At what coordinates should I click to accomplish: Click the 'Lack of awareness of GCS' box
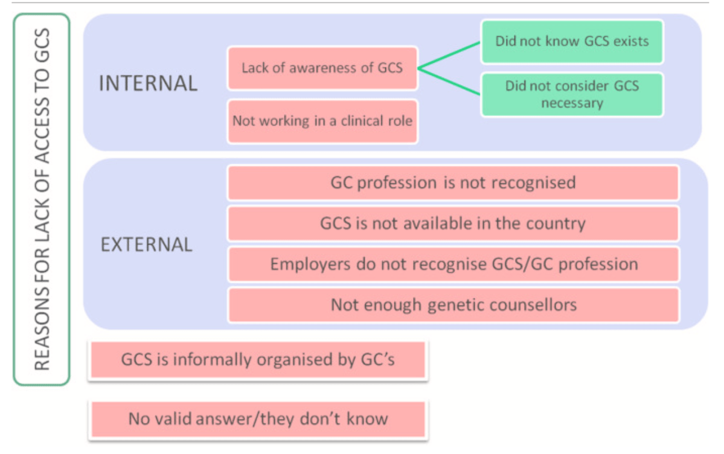click(x=322, y=68)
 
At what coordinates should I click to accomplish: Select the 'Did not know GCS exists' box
click(x=572, y=42)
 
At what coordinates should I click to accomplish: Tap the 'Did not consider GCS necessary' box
click(x=572, y=94)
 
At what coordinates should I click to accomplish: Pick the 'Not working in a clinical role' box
click(x=322, y=121)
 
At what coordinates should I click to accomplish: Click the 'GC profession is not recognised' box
click(x=453, y=182)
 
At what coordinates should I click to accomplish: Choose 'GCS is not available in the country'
click(x=453, y=223)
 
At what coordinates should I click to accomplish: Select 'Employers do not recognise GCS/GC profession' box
click(x=453, y=264)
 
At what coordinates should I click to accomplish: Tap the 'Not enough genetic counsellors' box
click(x=453, y=305)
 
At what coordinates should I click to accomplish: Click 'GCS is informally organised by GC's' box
click(x=258, y=360)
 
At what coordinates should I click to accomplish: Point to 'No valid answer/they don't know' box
click(x=258, y=418)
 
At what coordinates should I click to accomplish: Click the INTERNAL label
click(x=148, y=83)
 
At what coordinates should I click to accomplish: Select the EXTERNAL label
click(x=146, y=245)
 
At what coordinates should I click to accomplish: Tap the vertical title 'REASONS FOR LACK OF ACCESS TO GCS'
click(x=42, y=199)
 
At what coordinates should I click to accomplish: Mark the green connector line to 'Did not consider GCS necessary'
click(x=450, y=82)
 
